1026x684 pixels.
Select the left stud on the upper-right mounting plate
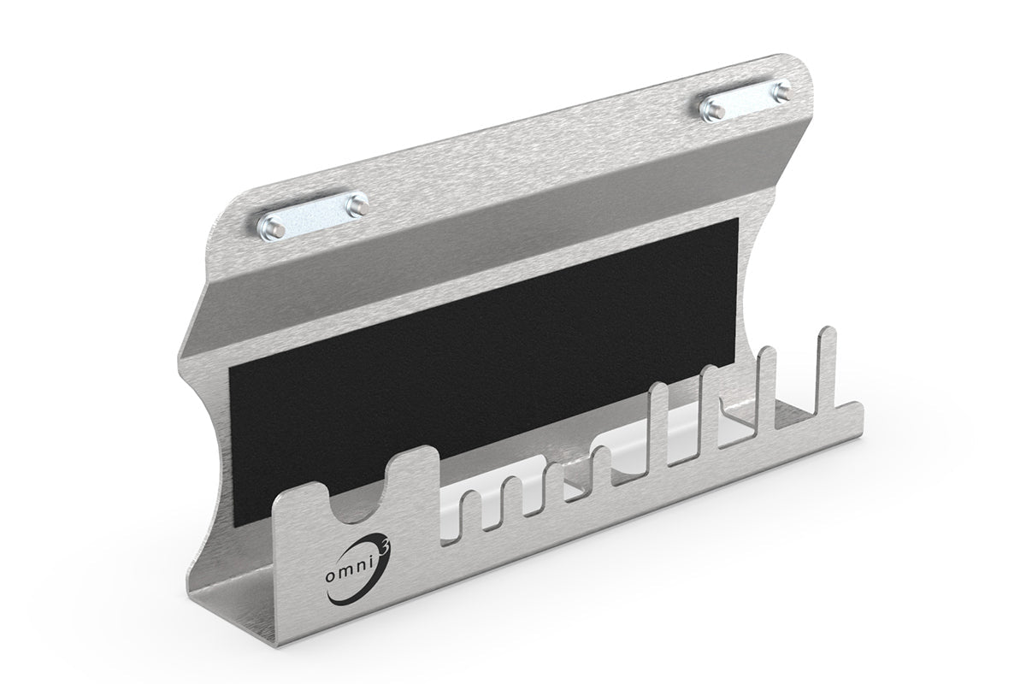tap(711, 109)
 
